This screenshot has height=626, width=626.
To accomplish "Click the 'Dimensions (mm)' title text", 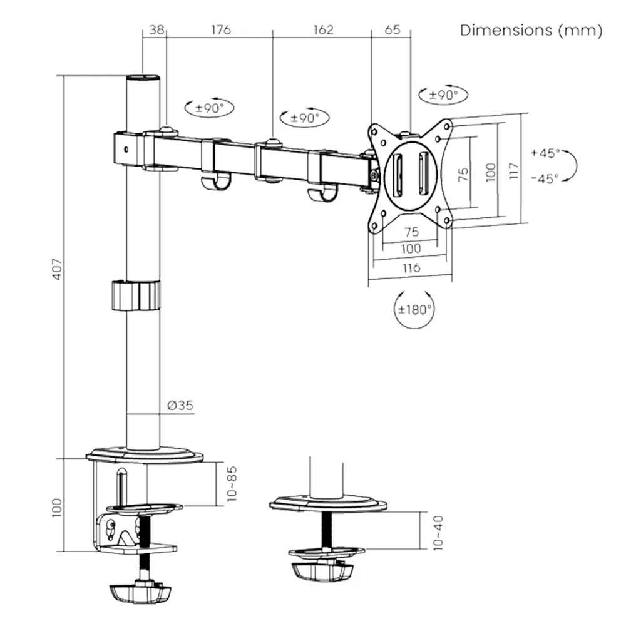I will tap(531, 30).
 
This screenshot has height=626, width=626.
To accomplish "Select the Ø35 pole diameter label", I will tap(180, 406).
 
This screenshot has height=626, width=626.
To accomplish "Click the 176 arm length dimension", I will tap(220, 29).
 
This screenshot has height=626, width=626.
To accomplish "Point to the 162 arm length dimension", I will tap(322, 29).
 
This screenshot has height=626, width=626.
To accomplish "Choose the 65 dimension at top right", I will tap(391, 29).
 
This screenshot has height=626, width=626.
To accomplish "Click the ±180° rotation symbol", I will tap(414, 309).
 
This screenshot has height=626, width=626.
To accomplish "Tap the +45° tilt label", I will tap(544, 153).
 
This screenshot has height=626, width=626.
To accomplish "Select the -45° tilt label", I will tap(544, 178).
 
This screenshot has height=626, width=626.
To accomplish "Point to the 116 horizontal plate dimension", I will tap(410, 268).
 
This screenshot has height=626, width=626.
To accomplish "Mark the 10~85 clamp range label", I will tap(232, 483).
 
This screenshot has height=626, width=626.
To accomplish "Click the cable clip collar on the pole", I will tap(136, 295).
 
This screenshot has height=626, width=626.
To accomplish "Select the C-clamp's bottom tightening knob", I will tap(140, 592).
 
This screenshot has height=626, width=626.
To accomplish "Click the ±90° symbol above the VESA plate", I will tap(443, 95).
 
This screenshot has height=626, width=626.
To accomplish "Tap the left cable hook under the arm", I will tap(215, 182).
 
